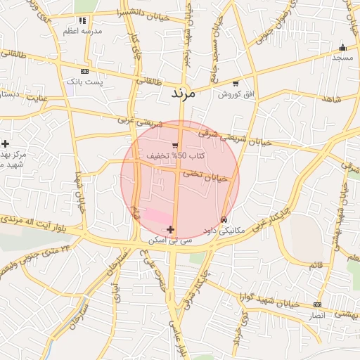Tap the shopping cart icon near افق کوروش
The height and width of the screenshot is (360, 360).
click(x=236, y=84)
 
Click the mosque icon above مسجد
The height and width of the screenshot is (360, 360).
click(x=342, y=48)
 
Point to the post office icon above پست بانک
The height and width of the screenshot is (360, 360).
click(x=85, y=72)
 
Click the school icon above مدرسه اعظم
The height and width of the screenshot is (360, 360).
click(x=83, y=21)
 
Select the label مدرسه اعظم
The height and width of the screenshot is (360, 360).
click(x=82, y=32)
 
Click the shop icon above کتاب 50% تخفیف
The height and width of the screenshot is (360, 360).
click(x=174, y=146)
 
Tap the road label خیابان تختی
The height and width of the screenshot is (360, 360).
click(x=206, y=175)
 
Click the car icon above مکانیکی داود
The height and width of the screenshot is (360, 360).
click(x=224, y=220)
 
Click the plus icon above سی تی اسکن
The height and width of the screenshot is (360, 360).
click(x=171, y=229)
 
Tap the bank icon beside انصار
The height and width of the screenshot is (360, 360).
click(x=317, y=304)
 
